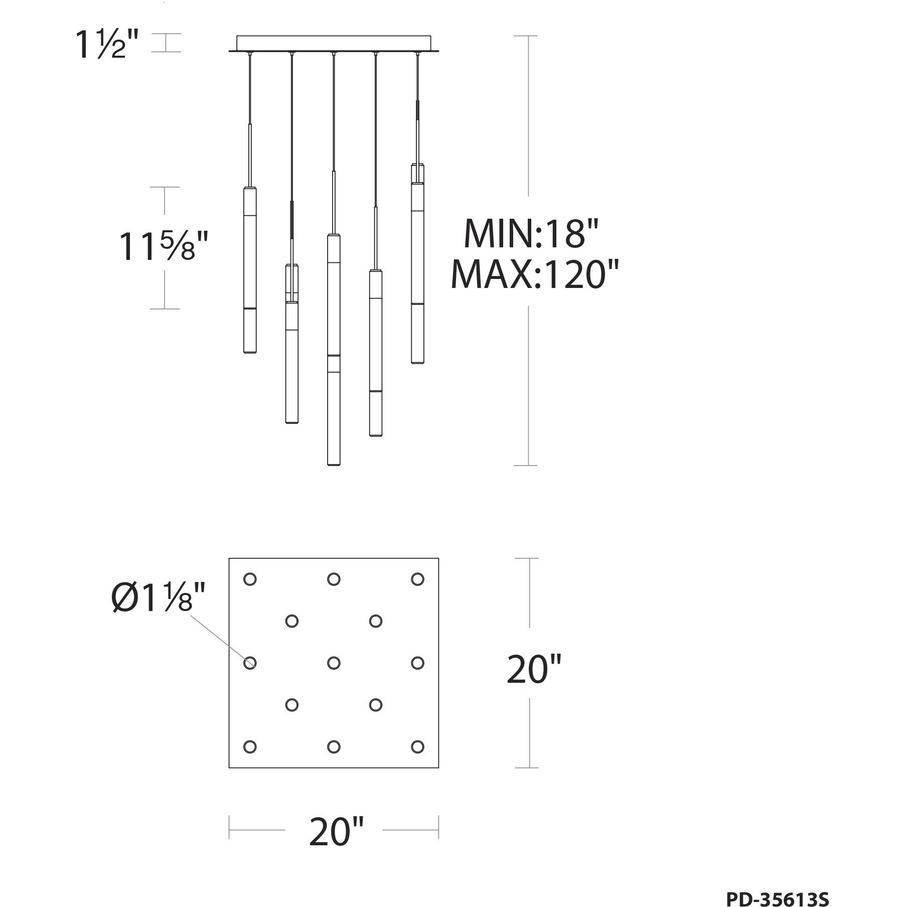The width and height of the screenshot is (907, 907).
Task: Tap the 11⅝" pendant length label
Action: tap(163, 247)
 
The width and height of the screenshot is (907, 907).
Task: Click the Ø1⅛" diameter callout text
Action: tap(158, 598)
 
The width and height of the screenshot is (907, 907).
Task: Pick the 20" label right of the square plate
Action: tap(533, 669)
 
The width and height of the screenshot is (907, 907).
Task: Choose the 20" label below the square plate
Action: tap(335, 832)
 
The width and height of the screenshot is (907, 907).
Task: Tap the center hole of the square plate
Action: tap(334, 663)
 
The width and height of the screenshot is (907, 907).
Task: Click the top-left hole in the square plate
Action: tap(250, 579)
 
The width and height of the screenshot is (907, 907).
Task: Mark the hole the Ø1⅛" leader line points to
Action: tap(250, 663)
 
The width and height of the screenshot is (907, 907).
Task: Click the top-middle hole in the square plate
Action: tap(334, 579)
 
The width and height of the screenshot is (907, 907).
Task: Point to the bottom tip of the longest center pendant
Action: tap(334, 464)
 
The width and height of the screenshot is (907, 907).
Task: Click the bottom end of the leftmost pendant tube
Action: tap(250, 352)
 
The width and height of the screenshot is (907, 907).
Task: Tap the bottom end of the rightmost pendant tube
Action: tap(417, 361)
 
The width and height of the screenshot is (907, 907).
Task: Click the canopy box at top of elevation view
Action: tap(334, 43)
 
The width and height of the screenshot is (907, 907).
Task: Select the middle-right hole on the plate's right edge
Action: tap(417, 663)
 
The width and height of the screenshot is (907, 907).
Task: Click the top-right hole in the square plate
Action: tap(417, 579)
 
